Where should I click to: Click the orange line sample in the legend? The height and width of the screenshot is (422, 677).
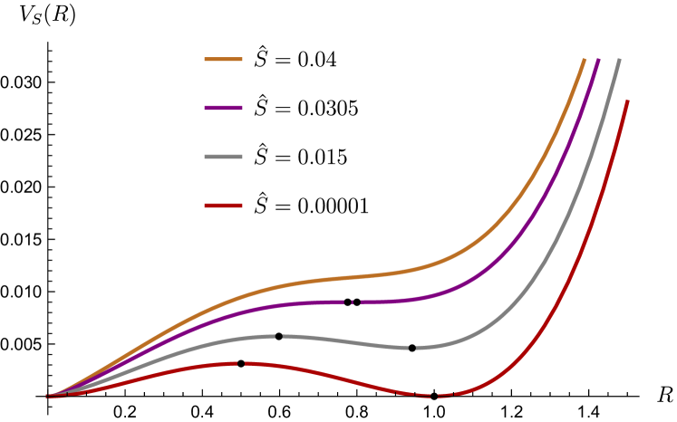(223, 60)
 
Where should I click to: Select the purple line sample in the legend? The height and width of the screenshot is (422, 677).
(223, 108)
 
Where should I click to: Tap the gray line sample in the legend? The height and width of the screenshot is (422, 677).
(223, 157)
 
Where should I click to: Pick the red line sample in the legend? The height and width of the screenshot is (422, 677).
(223, 206)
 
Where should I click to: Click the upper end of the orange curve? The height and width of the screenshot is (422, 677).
(584, 60)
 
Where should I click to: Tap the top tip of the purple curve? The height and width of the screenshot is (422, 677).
(598, 60)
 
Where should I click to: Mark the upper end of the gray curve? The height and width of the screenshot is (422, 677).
(619, 61)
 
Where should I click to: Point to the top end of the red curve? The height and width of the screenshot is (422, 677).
(627, 101)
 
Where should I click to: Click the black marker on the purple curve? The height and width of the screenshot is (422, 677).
(352, 302)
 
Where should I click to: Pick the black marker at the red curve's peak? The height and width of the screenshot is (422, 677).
(240, 363)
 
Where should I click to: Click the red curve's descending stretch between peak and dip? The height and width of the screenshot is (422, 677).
(335, 378)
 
